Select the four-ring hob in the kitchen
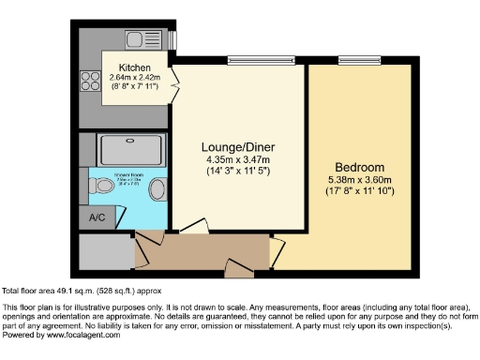point(93,81)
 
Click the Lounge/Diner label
point(237,147)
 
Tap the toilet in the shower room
point(103,187)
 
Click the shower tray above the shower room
point(130,149)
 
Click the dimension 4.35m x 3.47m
point(237,159)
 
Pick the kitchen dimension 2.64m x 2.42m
point(135,78)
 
